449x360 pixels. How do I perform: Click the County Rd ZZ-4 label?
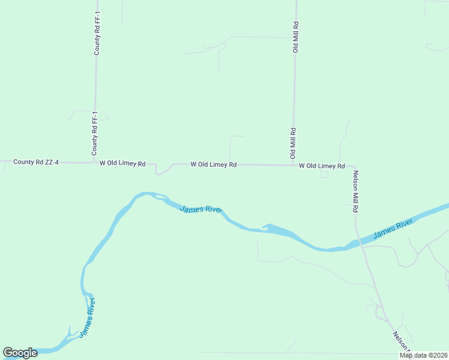click(36, 162)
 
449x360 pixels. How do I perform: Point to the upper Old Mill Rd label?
click(296, 37)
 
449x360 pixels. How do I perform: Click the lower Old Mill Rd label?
click(294, 143)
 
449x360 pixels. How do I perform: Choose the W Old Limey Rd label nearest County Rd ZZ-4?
click(122, 163)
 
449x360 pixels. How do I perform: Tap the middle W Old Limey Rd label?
click(213, 164)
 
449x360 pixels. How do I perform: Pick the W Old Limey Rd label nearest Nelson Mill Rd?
click(322, 166)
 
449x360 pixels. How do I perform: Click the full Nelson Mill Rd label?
click(355, 191)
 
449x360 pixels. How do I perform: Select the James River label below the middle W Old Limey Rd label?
click(202, 209)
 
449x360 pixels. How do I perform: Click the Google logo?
click(20, 353)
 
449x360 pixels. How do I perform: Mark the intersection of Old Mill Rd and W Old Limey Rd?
click(293, 165)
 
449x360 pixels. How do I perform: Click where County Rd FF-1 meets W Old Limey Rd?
click(95, 162)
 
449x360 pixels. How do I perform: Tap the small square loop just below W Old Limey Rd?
click(325, 174)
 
